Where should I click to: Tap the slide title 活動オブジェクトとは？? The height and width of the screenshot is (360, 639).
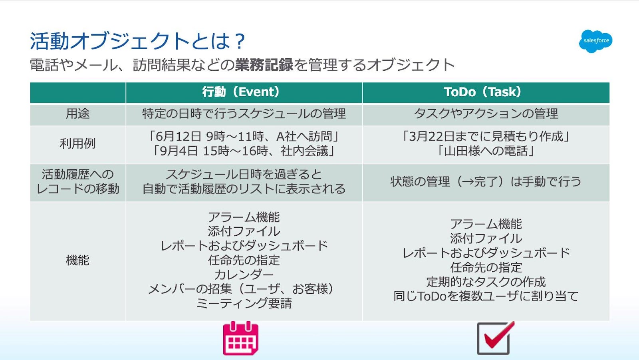coord(137,41)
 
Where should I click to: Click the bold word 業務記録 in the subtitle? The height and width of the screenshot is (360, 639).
coord(264,65)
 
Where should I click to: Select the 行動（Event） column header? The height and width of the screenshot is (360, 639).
coord(241,92)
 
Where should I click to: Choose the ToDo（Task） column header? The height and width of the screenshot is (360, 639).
coord(483,92)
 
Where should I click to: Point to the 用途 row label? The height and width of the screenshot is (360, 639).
coord(77,113)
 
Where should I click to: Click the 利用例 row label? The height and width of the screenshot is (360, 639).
coord(77,143)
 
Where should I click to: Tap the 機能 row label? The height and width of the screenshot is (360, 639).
coord(77,260)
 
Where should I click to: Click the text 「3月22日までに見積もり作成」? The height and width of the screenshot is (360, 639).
coord(486,137)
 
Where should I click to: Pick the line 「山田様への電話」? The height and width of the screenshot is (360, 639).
coord(486,151)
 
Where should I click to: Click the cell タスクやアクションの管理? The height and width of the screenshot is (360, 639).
coord(486,113)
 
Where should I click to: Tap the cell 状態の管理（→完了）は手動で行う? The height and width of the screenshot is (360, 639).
coord(486,181)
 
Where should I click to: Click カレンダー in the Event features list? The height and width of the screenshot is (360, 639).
coord(244,274)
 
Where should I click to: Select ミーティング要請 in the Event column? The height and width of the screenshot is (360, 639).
coord(244,303)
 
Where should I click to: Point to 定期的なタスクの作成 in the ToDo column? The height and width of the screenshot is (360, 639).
coord(486,282)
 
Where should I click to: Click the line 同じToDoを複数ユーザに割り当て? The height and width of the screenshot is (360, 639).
coord(486,296)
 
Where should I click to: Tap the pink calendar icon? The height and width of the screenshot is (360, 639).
coord(241,338)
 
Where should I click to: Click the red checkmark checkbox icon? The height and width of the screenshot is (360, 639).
coord(495,338)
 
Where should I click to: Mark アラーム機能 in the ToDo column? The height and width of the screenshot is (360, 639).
coord(486,224)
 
